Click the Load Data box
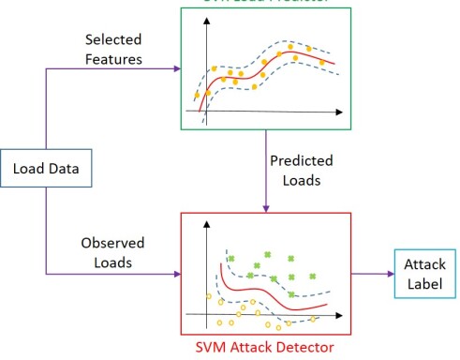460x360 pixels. pyautogui.click(x=45, y=170)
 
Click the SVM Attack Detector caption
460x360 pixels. pyautogui.click(x=264, y=349)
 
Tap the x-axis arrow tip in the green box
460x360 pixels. pyautogui.click(x=343, y=112)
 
